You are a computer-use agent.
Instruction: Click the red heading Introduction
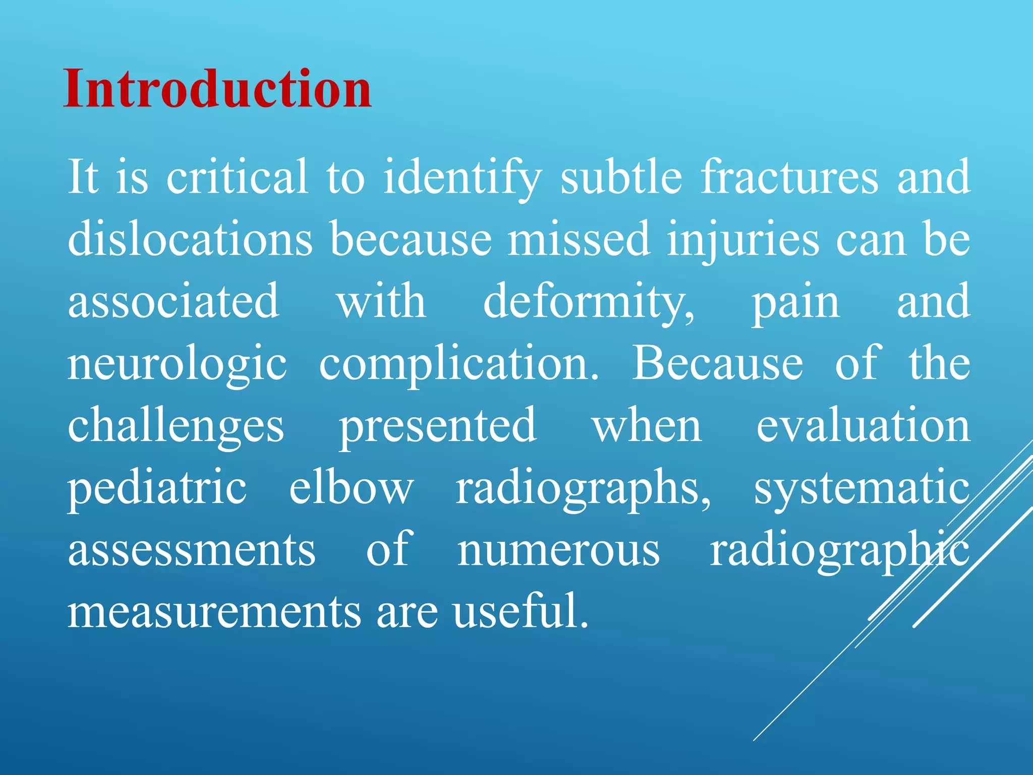click(x=217, y=89)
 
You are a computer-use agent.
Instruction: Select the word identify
click(x=462, y=178)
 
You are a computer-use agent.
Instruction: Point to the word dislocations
click(x=190, y=239)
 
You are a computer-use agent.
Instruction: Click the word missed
click(x=579, y=239)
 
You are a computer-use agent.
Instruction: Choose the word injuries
click(x=743, y=240)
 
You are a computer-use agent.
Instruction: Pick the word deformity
click(x=589, y=302)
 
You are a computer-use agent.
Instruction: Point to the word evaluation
click(x=863, y=425)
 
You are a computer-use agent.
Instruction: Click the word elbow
click(x=351, y=487)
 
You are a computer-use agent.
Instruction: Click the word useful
click(x=520, y=611)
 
